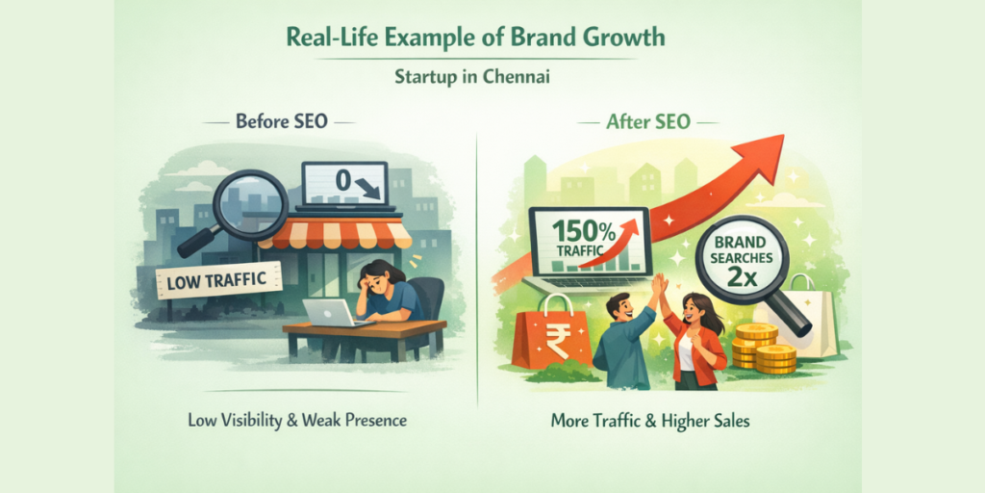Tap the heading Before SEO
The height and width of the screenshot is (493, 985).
point(281,122)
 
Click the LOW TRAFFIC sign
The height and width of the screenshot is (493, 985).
point(217,280)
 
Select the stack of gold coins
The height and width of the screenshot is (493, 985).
point(764,349)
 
